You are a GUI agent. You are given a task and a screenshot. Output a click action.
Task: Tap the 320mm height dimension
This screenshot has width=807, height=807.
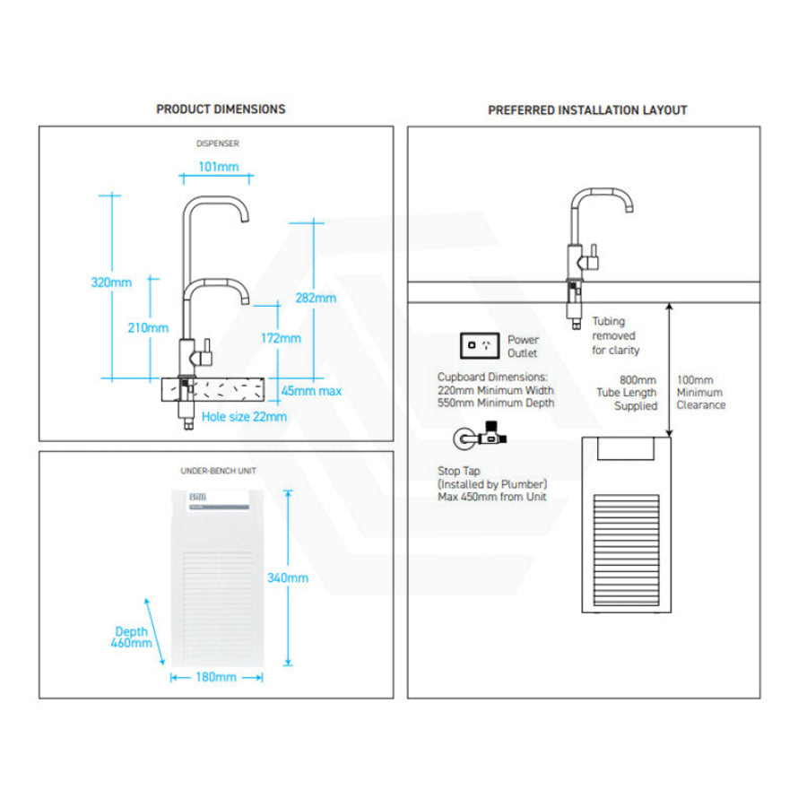(111, 282)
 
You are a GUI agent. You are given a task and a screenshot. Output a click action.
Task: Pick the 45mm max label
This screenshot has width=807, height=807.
(311, 391)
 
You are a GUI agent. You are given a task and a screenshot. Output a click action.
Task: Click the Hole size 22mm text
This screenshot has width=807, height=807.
(244, 416)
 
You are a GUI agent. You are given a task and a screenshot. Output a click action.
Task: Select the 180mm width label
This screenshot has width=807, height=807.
(215, 677)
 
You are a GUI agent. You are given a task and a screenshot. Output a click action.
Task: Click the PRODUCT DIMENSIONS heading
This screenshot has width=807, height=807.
(221, 108)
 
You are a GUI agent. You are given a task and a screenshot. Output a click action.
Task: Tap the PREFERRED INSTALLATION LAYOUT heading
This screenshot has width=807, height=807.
(587, 110)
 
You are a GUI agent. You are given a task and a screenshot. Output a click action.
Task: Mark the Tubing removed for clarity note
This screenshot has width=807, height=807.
(616, 335)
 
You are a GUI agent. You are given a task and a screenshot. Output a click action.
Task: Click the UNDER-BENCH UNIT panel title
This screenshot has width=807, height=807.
(214, 471)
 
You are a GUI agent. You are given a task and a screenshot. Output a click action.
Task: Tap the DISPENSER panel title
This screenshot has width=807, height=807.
(218, 143)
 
